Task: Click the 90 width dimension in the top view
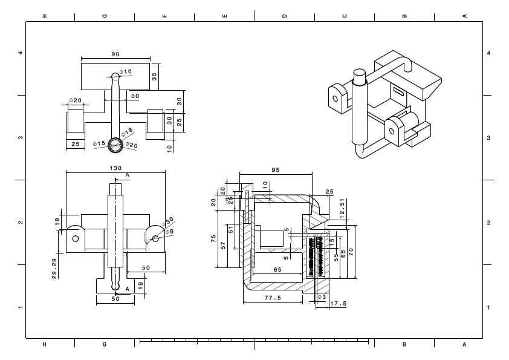115,54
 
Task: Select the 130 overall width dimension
115,168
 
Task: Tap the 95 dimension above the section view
275,171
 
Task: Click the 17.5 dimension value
338,304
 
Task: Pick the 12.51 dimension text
342,207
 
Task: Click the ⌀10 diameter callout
126,72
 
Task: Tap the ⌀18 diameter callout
127,131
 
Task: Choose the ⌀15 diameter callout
99,143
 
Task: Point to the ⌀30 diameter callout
169,221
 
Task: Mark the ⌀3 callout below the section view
322,298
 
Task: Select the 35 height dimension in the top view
154,77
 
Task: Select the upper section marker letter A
127,175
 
